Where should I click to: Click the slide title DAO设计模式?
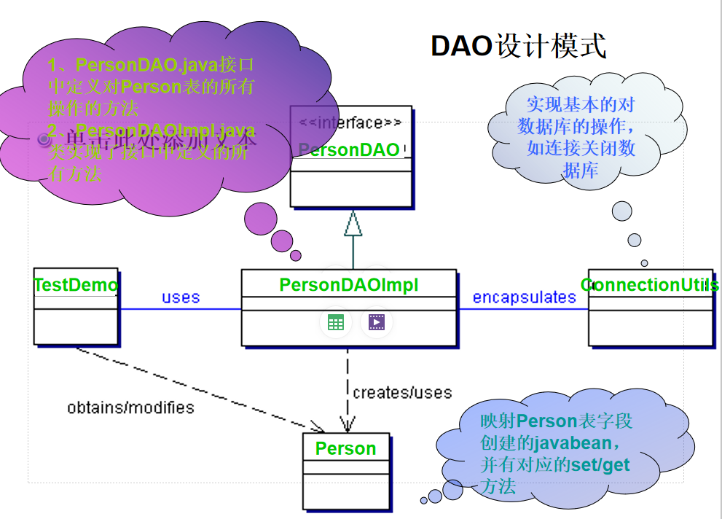(x=518, y=45)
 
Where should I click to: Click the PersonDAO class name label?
(x=349, y=150)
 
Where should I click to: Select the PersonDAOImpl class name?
(x=349, y=285)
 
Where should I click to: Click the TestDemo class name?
(x=76, y=285)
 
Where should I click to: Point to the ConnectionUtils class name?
(x=649, y=285)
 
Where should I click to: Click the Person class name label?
(x=345, y=448)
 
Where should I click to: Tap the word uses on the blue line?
(x=181, y=297)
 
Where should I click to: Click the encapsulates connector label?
(x=524, y=297)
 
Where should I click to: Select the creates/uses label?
(x=402, y=393)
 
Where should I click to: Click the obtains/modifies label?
(x=130, y=407)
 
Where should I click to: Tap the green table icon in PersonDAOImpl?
(x=335, y=323)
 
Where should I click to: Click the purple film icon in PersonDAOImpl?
(x=376, y=323)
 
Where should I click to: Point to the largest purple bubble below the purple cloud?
(x=261, y=218)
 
